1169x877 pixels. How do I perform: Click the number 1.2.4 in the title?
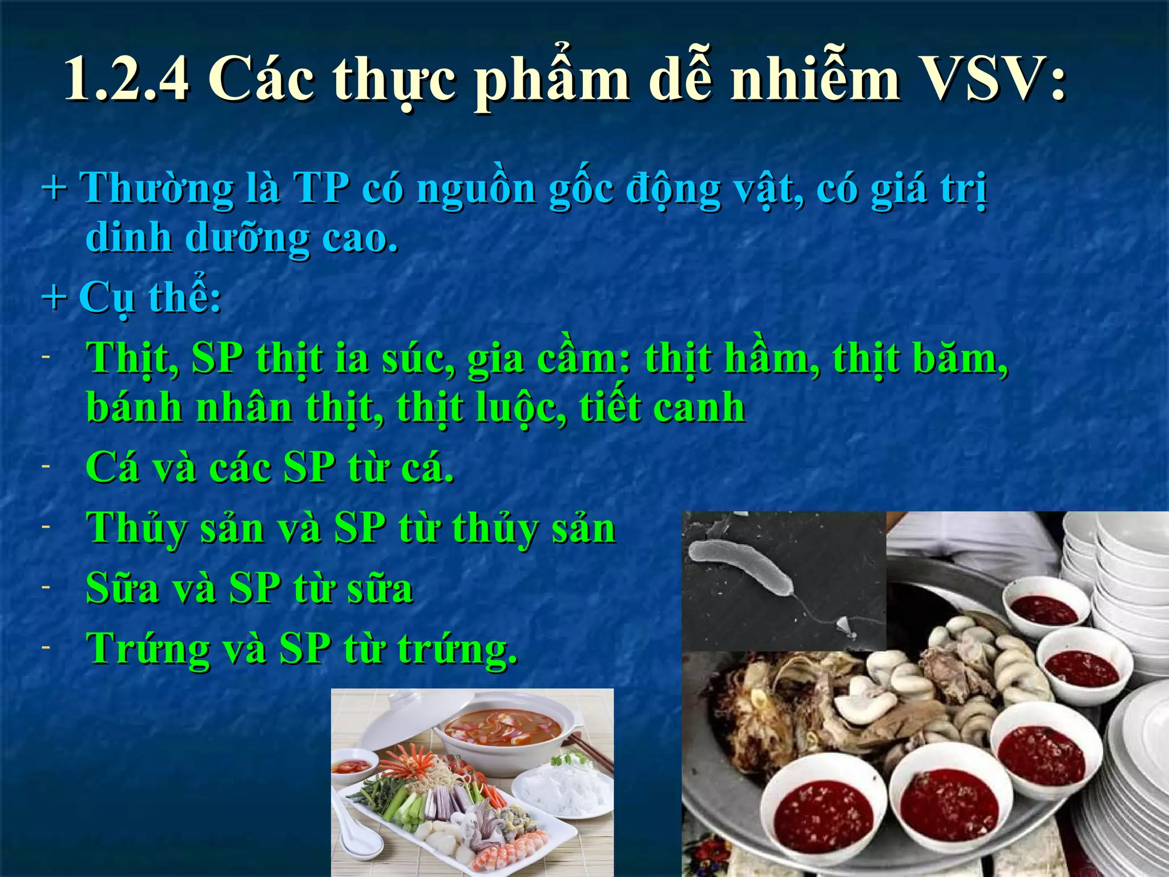pyautogui.click(x=127, y=80)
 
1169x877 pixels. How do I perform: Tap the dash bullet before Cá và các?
pyautogui.click(x=46, y=466)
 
